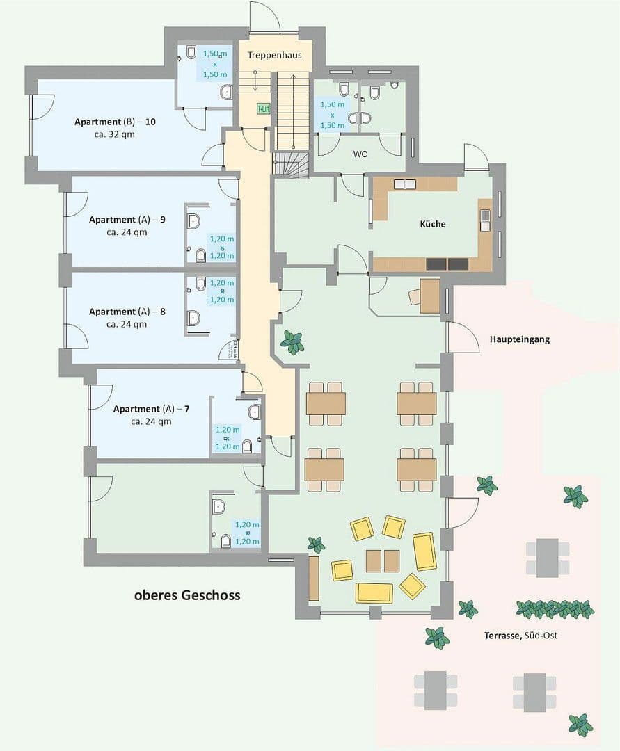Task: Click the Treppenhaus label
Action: (274, 55)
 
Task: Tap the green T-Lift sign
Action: (263, 109)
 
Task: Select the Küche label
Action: (432, 224)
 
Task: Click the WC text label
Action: (360, 154)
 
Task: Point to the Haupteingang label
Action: (519, 339)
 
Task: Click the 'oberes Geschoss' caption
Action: (187, 595)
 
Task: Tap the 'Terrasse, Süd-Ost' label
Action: (520, 636)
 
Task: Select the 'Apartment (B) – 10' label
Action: (115, 122)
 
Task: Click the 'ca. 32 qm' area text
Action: (114, 134)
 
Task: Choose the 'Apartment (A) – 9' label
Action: (127, 220)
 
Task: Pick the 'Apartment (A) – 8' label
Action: (127, 312)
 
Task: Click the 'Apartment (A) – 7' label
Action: (151, 409)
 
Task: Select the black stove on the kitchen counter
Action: (447, 264)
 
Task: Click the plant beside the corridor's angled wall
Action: (292, 342)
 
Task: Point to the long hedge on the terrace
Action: (555, 609)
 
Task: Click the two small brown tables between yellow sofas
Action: (383, 560)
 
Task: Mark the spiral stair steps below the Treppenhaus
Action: (289, 165)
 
